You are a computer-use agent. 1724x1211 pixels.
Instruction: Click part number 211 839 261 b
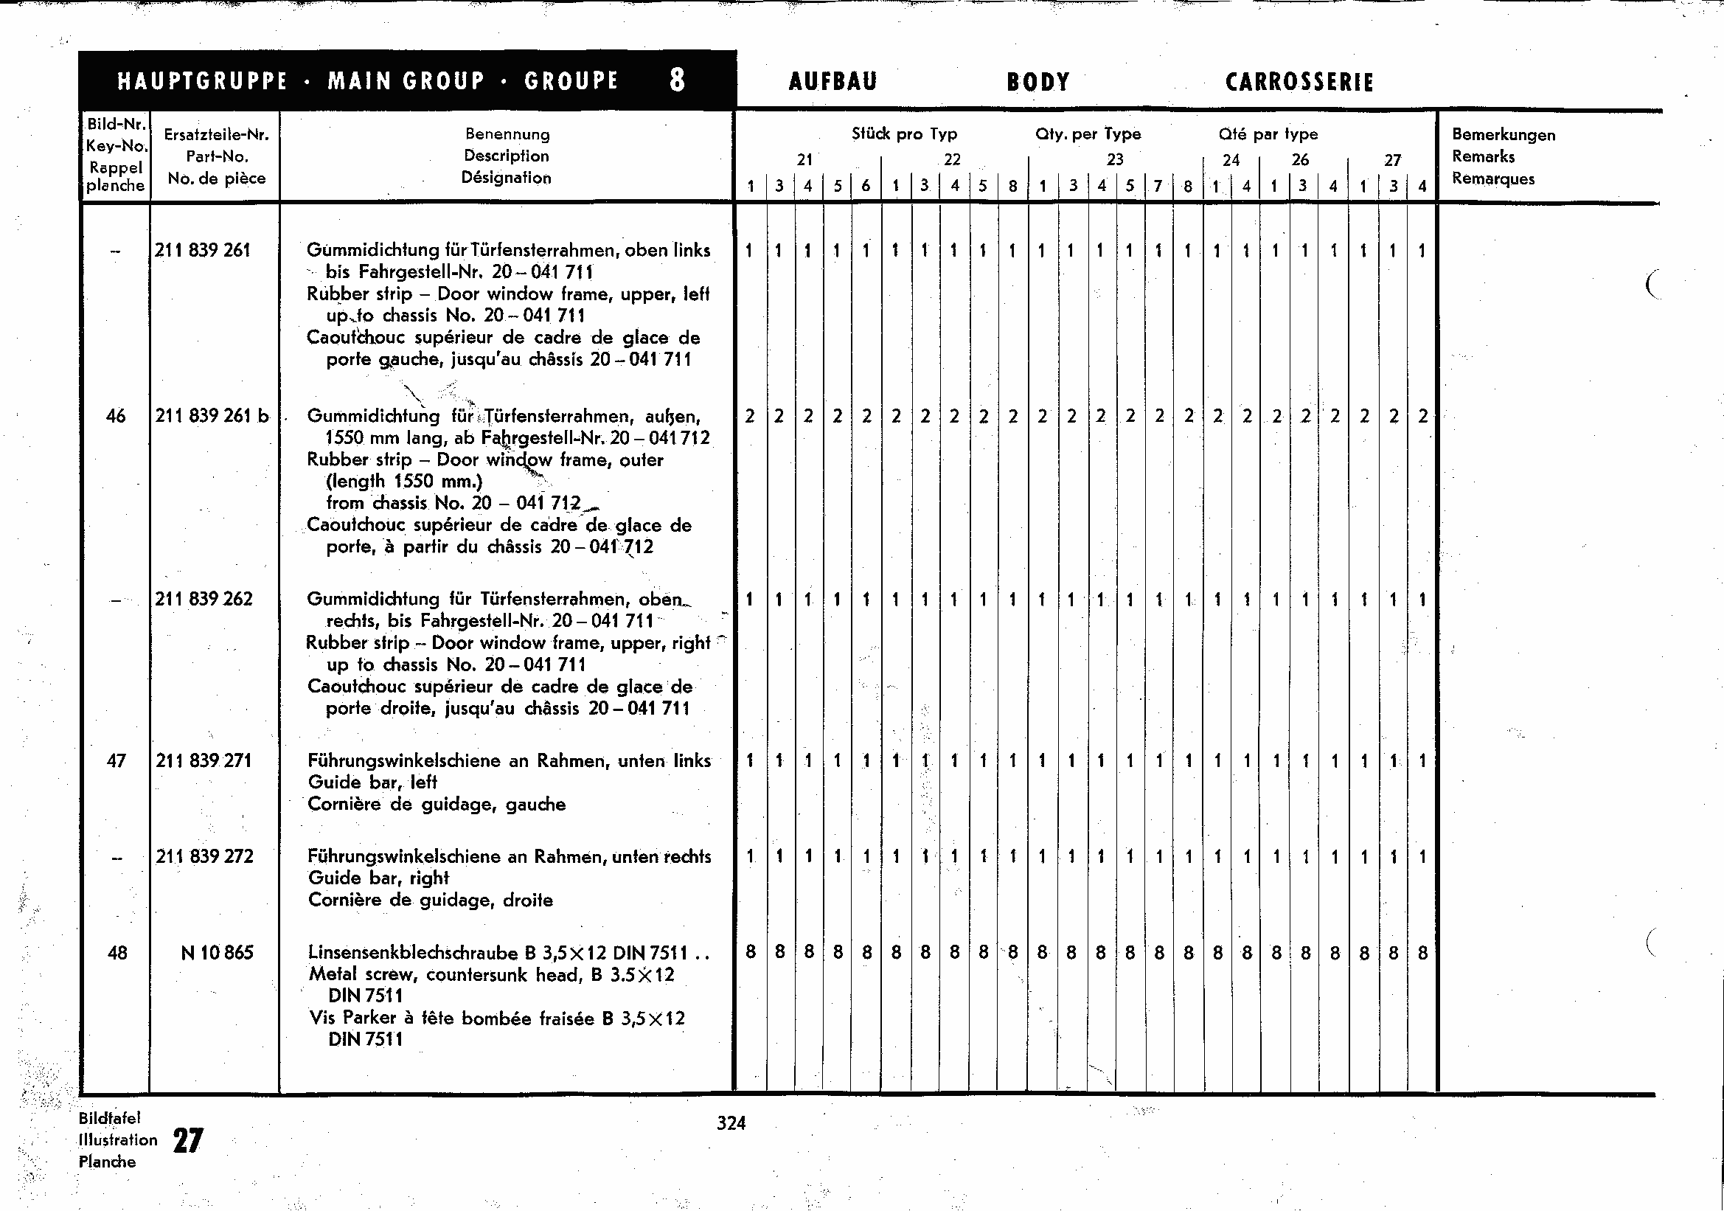pyautogui.click(x=212, y=416)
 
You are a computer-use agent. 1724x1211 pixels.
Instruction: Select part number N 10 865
pyautogui.click(x=217, y=953)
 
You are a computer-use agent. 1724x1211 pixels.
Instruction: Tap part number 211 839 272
pyautogui.click(x=204, y=857)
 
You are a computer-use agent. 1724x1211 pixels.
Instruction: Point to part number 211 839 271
pyautogui.click(x=204, y=760)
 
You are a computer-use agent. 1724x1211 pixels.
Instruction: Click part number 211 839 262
pyautogui.click(x=204, y=599)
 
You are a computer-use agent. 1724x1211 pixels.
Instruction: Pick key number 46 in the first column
pyautogui.click(x=116, y=416)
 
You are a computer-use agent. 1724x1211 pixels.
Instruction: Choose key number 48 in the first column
pyautogui.click(x=117, y=953)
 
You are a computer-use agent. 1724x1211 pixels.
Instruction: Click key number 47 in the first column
pyautogui.click(x=117, y=760)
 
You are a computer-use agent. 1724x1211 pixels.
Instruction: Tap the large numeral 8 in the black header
pyautogui.click(x=677, y=80)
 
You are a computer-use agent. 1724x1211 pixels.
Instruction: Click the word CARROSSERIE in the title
pyautogui.click(x=1299, y=82)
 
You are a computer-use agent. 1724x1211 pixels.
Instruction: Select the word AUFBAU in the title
pyautogui.click(x=833, y=82)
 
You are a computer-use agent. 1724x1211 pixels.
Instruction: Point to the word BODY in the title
pyautogui.click(x=1038, y=82)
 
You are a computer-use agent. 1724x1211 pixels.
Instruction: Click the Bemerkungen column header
pyautogui.click(x=1504, y=135)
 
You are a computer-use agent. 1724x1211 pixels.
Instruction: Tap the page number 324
pyautogui.click(x=731, y=1123)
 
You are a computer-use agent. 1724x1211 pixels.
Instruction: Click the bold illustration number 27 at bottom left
pyautogui.click(x=188, y=1141)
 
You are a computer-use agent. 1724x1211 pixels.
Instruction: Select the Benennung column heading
pyautogui.click(x=507, y=134)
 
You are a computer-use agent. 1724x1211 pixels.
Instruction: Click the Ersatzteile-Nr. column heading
pyautogui.click(x=216, y=135)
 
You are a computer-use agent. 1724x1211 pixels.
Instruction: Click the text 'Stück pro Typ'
pyautogui.click(x=904, y=134)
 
